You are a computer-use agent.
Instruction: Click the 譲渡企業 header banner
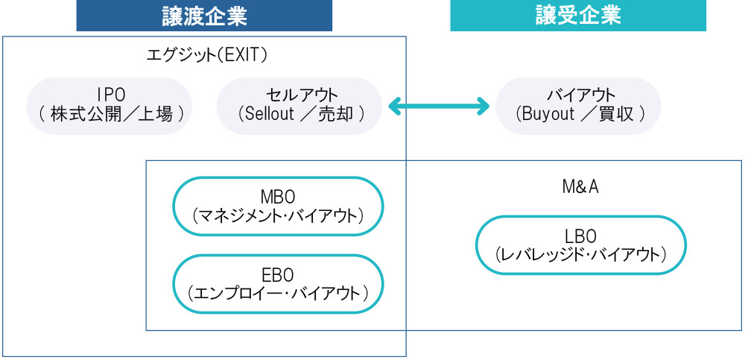(204, 16)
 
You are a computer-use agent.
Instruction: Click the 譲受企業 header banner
(577, 16)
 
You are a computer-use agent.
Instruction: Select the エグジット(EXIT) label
(207, 55)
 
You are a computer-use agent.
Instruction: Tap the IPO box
(110, 106)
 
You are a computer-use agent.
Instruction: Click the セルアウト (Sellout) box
(299, 106)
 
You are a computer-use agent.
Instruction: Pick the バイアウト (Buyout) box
(579, 106)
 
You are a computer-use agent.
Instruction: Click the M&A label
(580, 187)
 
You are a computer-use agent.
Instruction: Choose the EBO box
(278, 282)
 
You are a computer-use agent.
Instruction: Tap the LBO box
(580, 245)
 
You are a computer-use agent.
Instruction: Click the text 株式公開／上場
(112, 115)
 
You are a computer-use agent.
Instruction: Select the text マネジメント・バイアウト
(278, 216)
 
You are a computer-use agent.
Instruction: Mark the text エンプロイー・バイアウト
(278, 293)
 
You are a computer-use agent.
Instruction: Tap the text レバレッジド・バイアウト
(580, 255)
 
